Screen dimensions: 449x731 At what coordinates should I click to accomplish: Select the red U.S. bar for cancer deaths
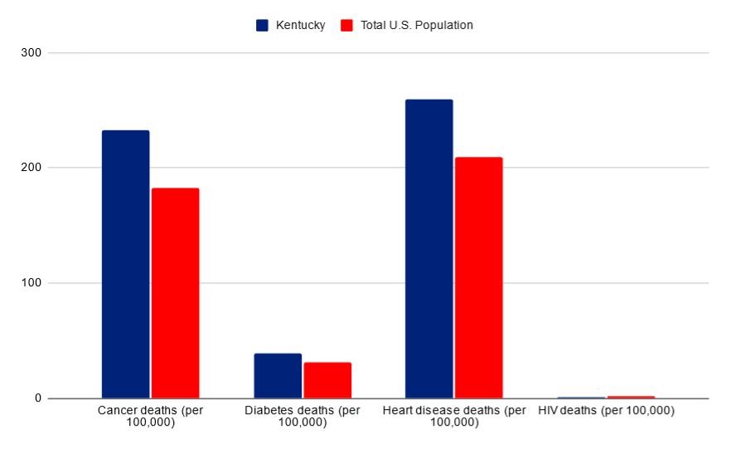(175, 293)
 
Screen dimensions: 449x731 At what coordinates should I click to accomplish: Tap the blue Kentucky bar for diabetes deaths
(278, 376)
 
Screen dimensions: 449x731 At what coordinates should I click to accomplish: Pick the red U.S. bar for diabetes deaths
(327, 380)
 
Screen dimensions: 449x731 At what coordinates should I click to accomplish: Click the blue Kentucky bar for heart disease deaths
(428, 249)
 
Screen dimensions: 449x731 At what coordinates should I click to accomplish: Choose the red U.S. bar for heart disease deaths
(478, 278)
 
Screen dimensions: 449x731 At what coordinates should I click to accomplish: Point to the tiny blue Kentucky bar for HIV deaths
(581, 398)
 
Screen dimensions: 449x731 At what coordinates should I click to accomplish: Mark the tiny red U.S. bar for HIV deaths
(631, 397)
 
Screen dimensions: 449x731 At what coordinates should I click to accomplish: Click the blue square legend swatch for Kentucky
(263, 26)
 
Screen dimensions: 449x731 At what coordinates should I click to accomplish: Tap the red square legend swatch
(347, 26)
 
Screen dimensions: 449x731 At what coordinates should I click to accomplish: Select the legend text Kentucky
(301, 26)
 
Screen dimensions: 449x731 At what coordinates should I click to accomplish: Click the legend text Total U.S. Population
(417, 26)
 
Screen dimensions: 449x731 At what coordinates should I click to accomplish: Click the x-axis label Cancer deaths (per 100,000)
(150, 417)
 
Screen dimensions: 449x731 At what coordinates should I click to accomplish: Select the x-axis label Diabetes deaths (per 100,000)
(303, 417)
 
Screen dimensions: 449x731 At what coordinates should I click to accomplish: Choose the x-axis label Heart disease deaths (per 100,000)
(454, 417)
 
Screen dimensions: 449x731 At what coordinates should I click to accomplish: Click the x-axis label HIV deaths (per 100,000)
(606, 411)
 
